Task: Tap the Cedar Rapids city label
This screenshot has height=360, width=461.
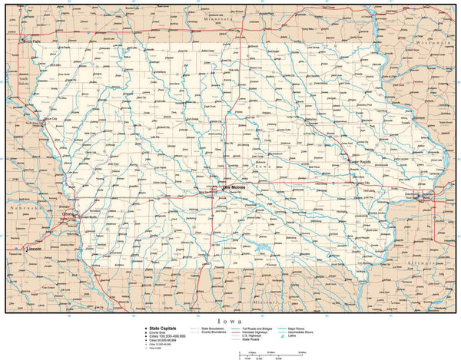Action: [360, 162]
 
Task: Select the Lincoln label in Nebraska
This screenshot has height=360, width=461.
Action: [33, 249]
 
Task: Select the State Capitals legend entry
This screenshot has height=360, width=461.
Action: [162, 328]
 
